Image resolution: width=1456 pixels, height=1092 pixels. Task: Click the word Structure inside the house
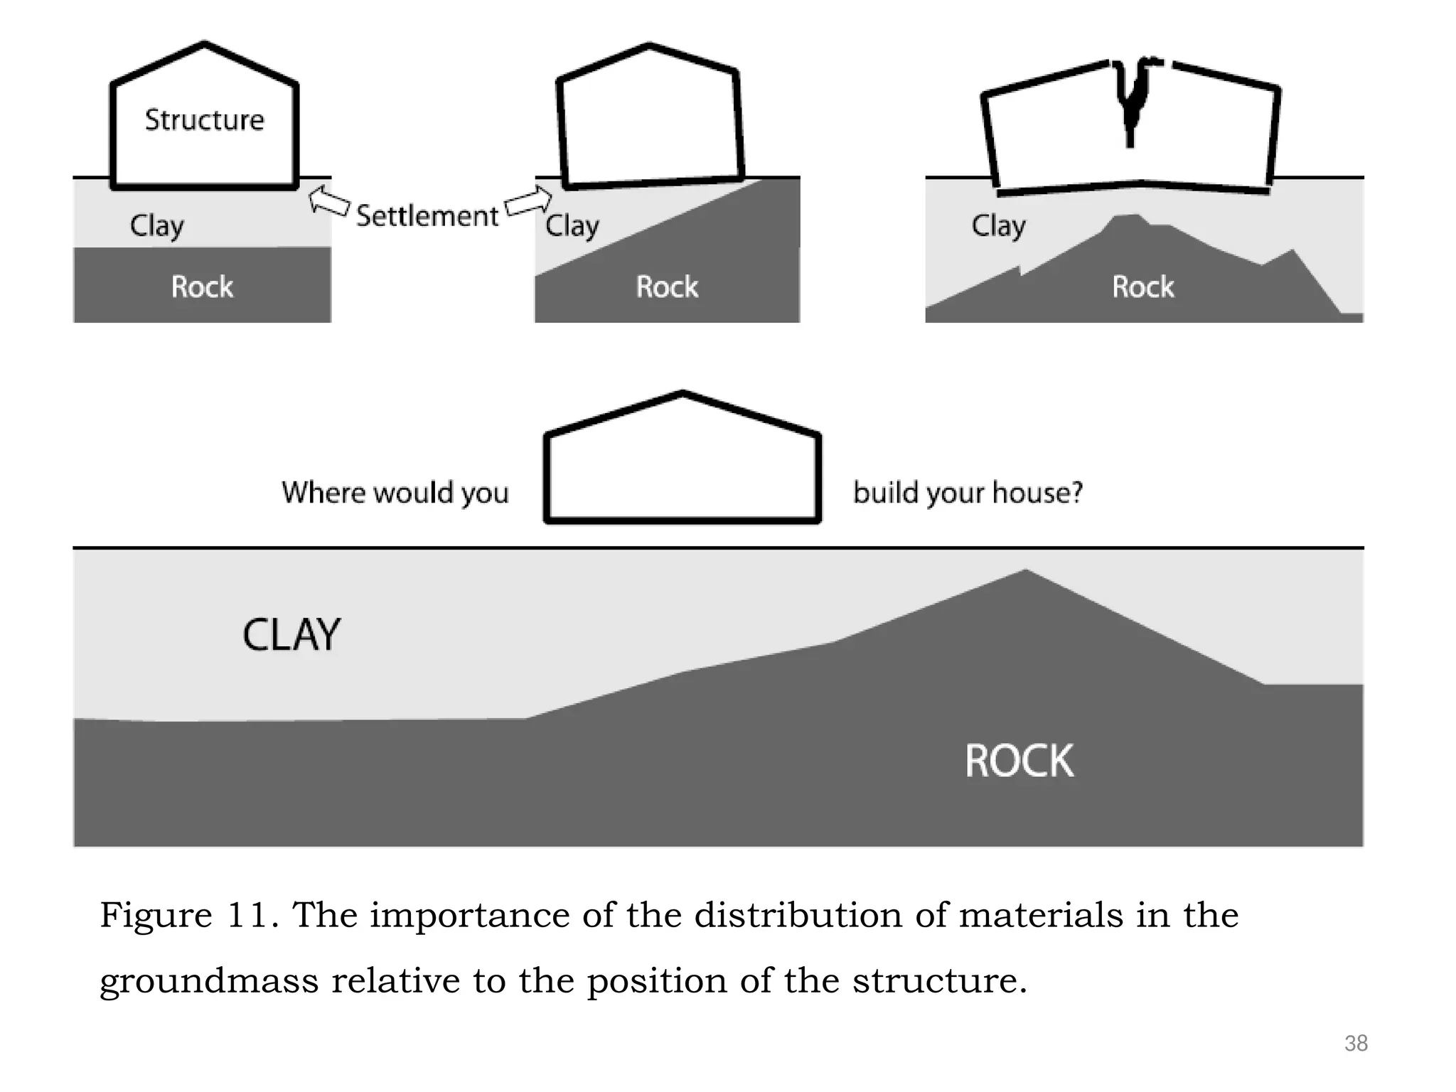coord(204,119)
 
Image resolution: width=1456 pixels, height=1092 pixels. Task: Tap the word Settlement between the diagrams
coord(427,215)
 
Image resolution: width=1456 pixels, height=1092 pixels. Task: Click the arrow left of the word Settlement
coord(329,201)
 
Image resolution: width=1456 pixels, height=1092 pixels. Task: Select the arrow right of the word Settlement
coord(528,202)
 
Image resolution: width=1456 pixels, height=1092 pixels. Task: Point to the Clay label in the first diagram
coord(156,226)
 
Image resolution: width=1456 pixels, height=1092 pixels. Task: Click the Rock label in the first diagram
coord(202,287)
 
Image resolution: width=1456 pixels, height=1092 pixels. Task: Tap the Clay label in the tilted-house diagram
coord(572,226)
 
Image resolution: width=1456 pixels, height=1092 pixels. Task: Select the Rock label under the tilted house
coord(667,287)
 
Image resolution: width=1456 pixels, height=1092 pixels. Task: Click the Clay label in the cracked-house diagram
coord(998,226)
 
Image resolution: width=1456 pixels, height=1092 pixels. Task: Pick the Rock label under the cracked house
coord(1142,287)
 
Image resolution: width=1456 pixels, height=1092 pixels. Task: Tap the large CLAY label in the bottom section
coord(291,635)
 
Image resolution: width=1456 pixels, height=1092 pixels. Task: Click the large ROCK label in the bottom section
coord(1019,761)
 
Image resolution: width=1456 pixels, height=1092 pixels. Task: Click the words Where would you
coord(395,492)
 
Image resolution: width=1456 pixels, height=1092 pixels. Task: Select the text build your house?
coord(968,492)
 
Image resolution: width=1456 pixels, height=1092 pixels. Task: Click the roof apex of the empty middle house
coord(682,393)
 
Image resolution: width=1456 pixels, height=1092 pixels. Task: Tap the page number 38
coord(1356,1043)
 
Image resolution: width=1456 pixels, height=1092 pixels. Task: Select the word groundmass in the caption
coord(209,981)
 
